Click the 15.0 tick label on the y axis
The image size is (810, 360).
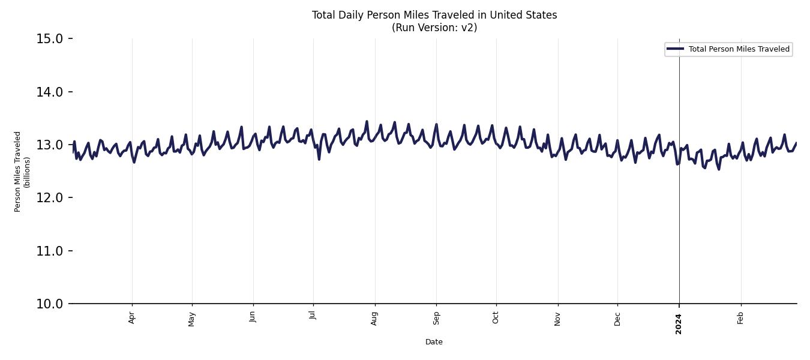point(50,39)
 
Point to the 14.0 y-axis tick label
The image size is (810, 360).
point(50,92)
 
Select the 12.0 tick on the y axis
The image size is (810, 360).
point(50,198)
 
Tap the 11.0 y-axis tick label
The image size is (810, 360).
point(50,251)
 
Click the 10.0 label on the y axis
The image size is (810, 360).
point(50,304)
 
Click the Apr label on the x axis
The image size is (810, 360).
point(132,318)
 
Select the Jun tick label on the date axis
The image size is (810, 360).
point(253,317)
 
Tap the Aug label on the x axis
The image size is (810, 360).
point(374,318)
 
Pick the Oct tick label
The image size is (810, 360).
point(496,317)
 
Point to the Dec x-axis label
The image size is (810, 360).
point(617,318)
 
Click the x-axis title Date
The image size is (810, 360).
point(434,342)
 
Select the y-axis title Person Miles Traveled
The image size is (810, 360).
point(18,171)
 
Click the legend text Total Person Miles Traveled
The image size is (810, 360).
point(739,49)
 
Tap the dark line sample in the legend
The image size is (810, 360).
point(675,49)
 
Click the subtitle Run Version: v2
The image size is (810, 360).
point(434,28)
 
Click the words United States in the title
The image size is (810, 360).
point(523,15)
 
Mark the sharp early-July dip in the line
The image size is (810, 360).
point(319,158)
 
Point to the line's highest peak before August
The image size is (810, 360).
point(367,122)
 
